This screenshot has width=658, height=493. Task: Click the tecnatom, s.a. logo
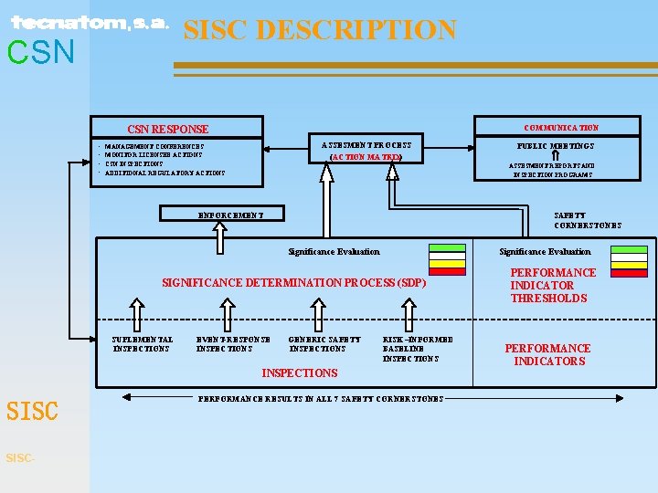tap(90, 23)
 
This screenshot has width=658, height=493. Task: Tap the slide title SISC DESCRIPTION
tap(320, 30)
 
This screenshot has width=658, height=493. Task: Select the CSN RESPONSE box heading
tap(167, 130)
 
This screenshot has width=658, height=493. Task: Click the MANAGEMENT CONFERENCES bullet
tap(154, 146)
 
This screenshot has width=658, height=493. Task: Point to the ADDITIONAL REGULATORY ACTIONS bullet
tap(164, 173)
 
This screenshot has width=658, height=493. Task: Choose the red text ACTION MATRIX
tap(366, 157)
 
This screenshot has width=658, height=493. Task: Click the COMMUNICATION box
tap(561, 127)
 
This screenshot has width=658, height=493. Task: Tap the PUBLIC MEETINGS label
tap(556, 145)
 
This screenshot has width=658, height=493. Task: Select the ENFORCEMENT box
tap(231, 215)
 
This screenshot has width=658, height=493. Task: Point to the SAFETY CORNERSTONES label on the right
tap(588, 220)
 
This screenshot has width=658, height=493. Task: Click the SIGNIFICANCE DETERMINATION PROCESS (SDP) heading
tap(293, 283)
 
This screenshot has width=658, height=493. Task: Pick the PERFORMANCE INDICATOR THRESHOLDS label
tap(553, 285)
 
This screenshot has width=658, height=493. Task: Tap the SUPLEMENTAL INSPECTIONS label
tap(142, 343)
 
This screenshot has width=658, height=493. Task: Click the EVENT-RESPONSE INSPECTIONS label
tap(233, 343)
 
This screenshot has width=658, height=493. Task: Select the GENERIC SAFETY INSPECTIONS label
tap(324, 343)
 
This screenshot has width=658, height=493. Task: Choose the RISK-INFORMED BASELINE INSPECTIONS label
tap(417, 349)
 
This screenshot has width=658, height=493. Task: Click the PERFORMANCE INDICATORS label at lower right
tap(547, 354)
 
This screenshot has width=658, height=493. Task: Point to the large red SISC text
tap(32, 412)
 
